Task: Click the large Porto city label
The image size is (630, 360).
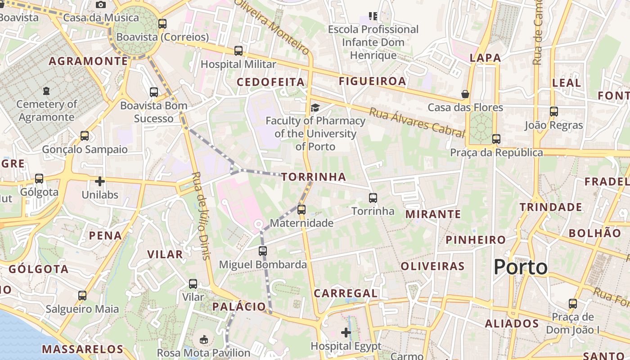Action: (x=521, y=267)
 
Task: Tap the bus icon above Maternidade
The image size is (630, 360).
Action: (x=301, y=209)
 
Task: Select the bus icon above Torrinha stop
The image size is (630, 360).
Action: (x=373, y=198)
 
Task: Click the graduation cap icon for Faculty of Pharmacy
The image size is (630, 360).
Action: (x=315, y=108)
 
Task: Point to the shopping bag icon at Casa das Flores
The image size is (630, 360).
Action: (x=465, y=94)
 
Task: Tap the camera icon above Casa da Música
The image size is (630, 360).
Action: (x=101, y=4)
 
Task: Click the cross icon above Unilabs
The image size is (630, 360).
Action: (x=100, y=181)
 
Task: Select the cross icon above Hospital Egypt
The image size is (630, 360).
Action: (x=346, y=333)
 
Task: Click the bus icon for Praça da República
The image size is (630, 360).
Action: (x=496, y=139)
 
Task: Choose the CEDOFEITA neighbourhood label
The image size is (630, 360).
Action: (x=270, y=82)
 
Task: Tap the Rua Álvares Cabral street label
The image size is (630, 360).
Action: (x=417, y=122)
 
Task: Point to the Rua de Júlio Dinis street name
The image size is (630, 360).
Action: (x=201, y=216)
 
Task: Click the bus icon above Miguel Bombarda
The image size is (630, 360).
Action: (x=263, y=251)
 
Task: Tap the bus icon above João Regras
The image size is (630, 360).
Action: (x=553, y=112)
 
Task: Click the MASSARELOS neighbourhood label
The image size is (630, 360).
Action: (x=82, y=349)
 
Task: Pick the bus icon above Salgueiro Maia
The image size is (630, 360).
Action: (x=82, y=296)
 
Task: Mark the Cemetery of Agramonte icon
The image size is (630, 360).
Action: (x=46, y=91)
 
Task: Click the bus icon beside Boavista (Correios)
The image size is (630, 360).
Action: (x=162, y=24)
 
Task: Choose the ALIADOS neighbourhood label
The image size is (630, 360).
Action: (x=512, y=324)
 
